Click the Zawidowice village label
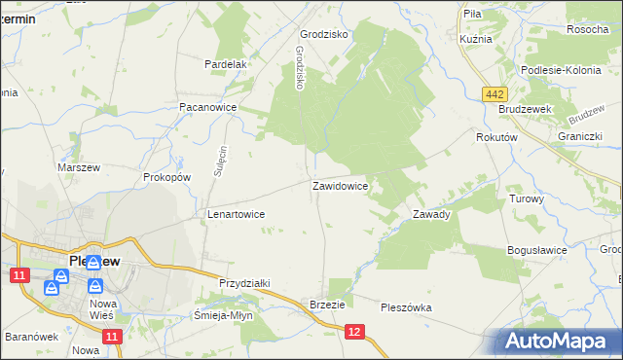click(x=340, y=185)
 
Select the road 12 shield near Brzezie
click(x=354, y=333)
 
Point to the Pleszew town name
click(x=94, y=261)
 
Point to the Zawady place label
click(x=430, y=214)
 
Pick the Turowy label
click(x=527, y=198)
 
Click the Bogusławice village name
click(x=536, y=250)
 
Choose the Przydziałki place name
click(x=244, y=283)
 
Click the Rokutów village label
click(x=495, y=138)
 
